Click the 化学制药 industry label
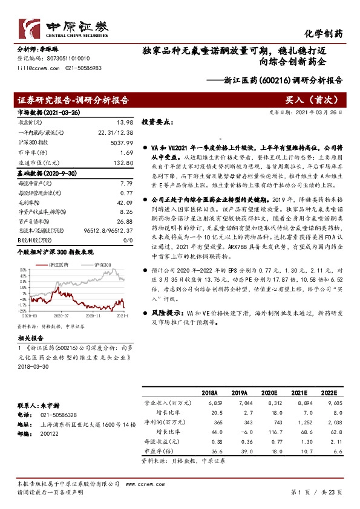(x=323, y=34)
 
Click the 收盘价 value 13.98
(x=125, y=122)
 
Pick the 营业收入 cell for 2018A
(x=215, y=402)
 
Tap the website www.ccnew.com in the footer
(x=148, y=484)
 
